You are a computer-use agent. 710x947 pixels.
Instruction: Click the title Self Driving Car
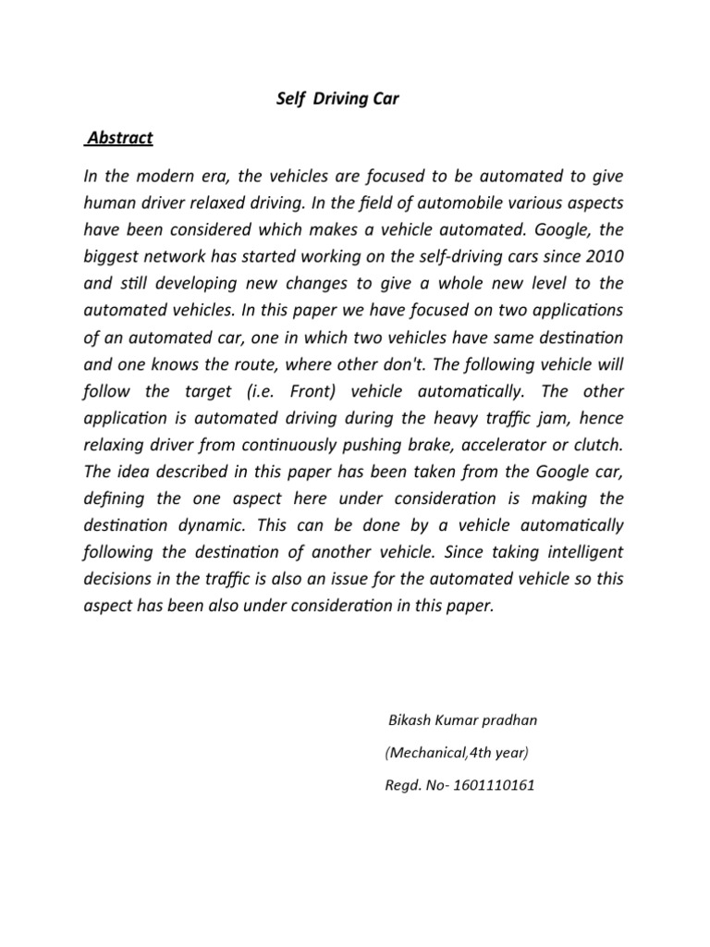(x=338, y=99)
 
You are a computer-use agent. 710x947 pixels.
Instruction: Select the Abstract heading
(x=118, y=139)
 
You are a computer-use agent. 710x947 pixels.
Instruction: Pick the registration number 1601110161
(x=490, y=786)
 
